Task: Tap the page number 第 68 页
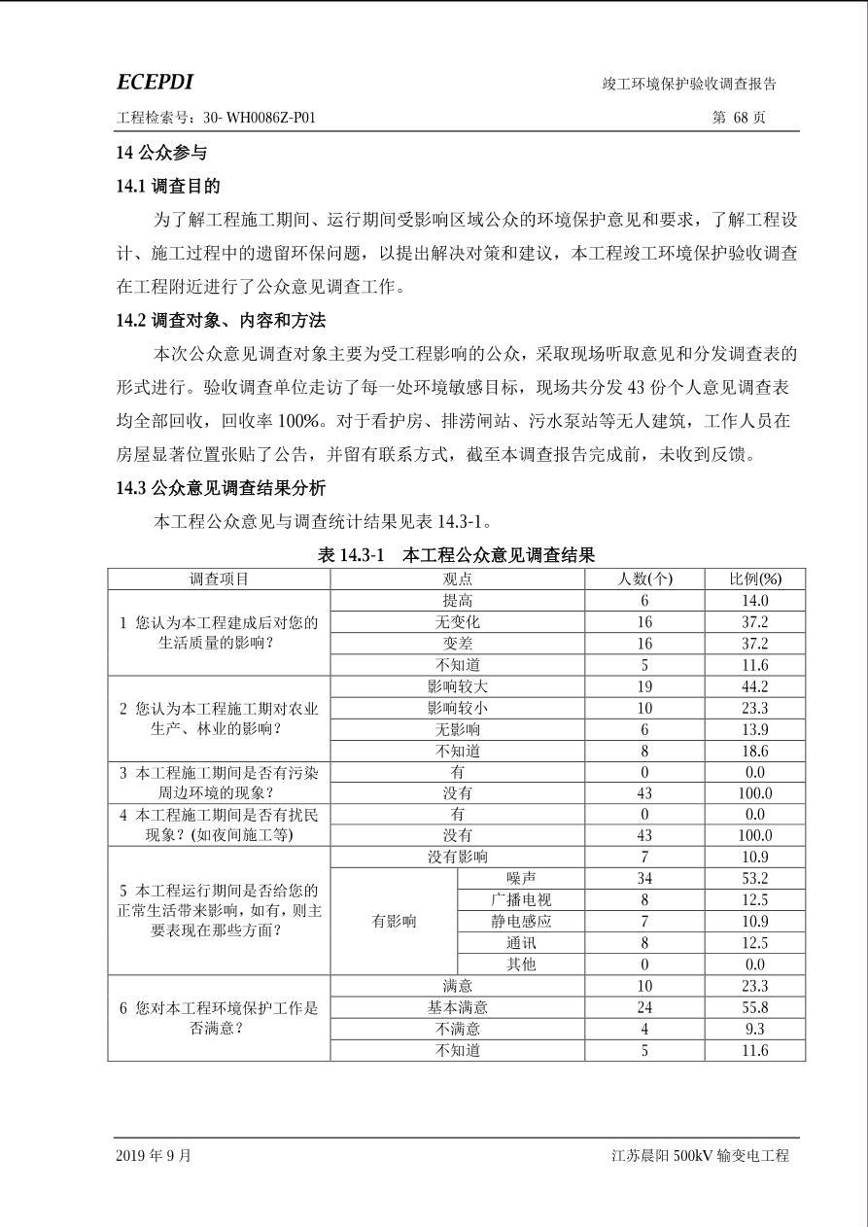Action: point(739,118)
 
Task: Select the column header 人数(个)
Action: point(644,578)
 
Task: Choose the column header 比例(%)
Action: point(755,578)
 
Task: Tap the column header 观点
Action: point(457,578)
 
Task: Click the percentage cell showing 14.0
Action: point(755,601)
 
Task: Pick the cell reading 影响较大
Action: point(457,686)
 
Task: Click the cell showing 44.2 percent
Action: point(755,686)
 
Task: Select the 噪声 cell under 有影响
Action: point(521,879)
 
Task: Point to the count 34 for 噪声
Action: point(644,879)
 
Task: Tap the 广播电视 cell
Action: point(521,900)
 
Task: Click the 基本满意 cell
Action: point(457,1007)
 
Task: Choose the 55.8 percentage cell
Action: point(755,1007)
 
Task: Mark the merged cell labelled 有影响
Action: point(394,922)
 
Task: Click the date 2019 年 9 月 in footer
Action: point(154,1156)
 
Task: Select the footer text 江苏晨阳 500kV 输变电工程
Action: point(700,1156)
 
